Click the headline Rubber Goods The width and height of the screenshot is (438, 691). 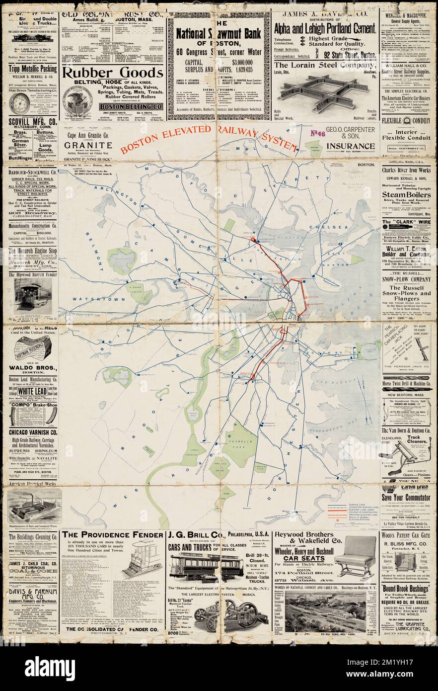point(112,73)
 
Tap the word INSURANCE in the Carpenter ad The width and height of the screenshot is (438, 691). point(351,146)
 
